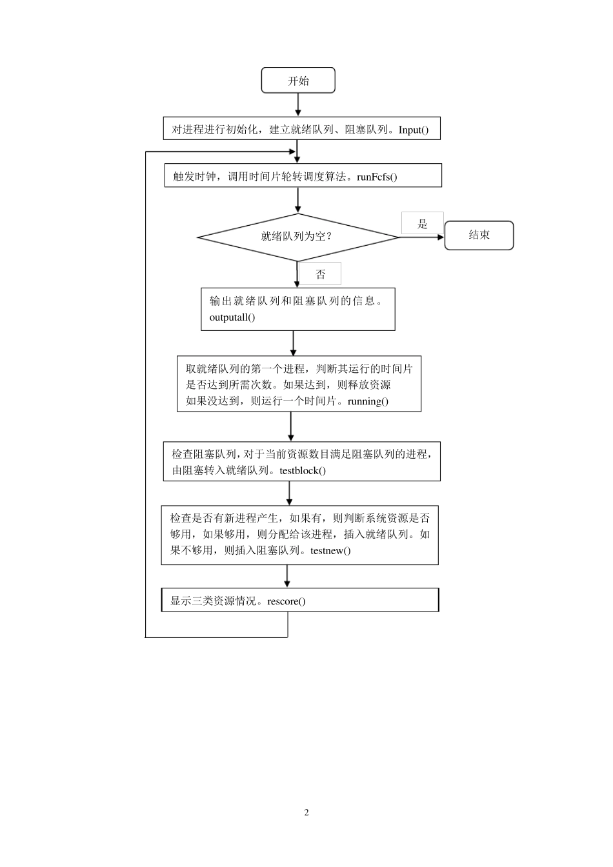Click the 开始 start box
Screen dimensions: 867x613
point(297,81)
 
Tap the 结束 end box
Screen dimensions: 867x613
point(479,235)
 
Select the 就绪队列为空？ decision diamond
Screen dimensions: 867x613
point(297,237)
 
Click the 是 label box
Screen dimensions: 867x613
point(423,224)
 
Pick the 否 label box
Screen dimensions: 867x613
point(321,274)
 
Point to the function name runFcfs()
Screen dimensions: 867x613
point(377,177)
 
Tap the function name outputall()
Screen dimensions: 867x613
point(232,317)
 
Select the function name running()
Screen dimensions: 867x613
point(368,401)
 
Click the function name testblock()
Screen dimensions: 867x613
point(303,470)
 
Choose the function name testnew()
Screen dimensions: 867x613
point(330,551)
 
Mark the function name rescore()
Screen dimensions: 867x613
point(286,601)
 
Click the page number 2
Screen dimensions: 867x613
point(306,812)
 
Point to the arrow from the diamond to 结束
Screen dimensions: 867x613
point(422,237)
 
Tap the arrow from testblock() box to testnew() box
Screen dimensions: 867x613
point(289,493)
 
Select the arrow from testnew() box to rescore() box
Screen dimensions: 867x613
point(287,577)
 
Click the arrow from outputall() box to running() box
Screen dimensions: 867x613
point(294,343)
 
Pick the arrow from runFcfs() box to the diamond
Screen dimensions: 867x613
point(297,201)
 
